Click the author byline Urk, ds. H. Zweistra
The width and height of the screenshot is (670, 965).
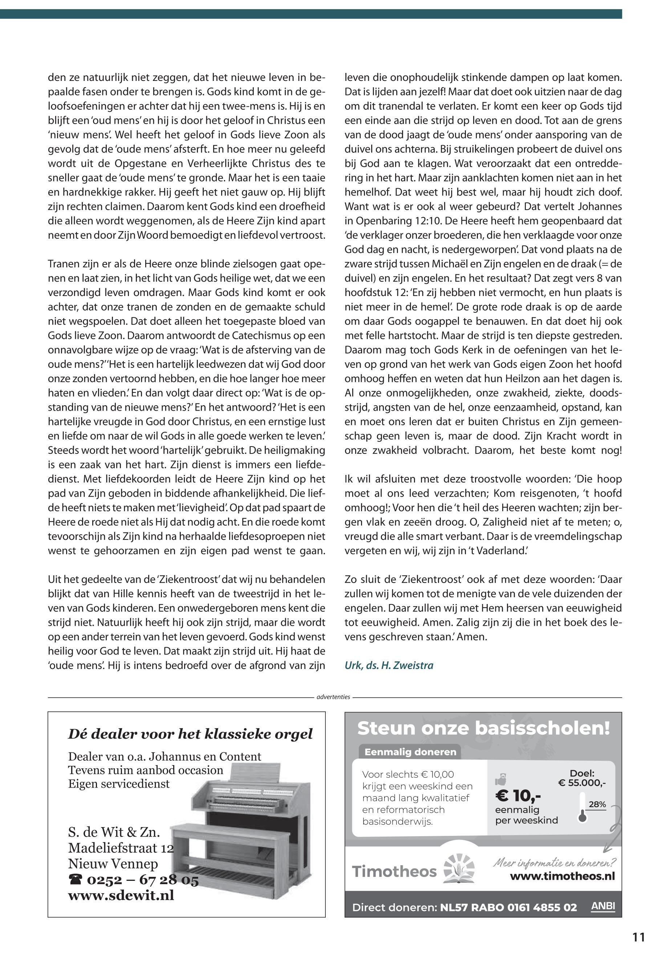tap(389, 665)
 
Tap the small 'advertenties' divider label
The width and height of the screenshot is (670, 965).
tap(333, 697)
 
